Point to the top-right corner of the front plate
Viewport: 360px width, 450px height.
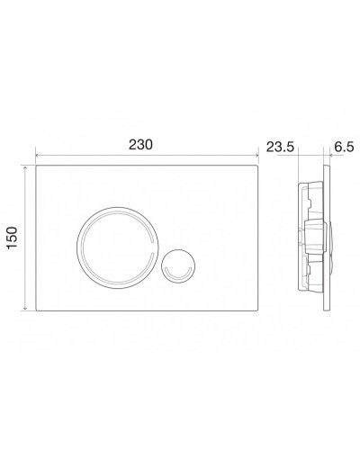click(x=259, y=166)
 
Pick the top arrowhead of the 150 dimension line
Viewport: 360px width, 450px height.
click(x=26, y=167)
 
